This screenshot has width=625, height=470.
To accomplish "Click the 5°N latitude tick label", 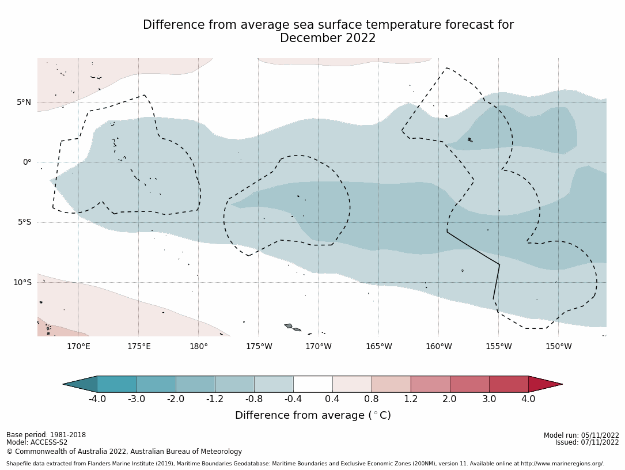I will point(24,103).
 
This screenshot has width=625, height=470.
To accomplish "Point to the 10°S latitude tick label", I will point(22,282).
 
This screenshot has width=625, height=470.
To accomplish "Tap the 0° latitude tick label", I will point(27,162).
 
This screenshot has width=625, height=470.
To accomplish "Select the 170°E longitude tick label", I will point(78,346).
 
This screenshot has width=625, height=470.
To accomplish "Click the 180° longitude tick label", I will point(198,346).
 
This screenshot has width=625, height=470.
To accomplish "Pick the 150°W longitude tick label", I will point(558,346).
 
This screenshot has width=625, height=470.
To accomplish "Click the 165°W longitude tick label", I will point(378,346).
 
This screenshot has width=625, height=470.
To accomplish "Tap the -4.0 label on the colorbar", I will point(97,399).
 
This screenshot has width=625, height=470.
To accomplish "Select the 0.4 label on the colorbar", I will point(332,399).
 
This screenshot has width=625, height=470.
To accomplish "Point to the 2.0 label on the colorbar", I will point(449,399).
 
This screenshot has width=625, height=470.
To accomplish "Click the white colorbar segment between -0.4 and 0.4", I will point(313,384).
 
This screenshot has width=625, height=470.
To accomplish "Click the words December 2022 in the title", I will point(328,39).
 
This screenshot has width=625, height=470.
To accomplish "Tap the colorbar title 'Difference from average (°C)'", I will point(313,415).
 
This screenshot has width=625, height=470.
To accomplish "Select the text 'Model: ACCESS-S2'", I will point(37,442).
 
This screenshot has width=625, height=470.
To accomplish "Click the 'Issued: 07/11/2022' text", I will point(587,442).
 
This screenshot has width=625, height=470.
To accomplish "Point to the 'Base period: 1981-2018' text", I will point(46,435).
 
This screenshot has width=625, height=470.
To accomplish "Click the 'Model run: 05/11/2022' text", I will point(581,435).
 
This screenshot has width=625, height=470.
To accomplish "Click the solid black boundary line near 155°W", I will point(474,249).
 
